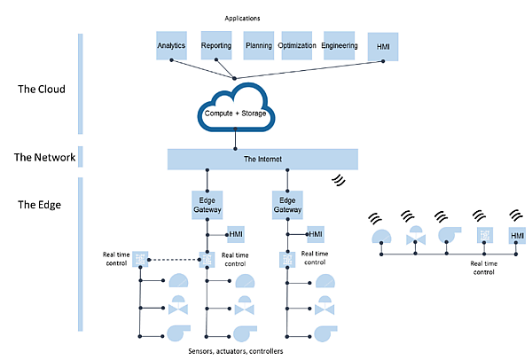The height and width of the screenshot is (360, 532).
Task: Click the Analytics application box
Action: tap(171, 45)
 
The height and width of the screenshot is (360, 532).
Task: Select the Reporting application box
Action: tap(215, 45)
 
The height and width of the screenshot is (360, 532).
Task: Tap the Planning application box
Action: tap(259, 45)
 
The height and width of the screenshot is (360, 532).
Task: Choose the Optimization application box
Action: tap(297, 45)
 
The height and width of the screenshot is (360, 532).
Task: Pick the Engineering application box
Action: tap(340, 45)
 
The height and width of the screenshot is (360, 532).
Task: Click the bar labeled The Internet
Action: tap(262, 159)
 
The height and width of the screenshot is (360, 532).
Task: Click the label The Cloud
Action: tap(42, 90)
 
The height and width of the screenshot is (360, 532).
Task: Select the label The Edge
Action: tap(41, 206)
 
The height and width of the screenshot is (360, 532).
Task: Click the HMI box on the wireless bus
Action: tap(517, 235)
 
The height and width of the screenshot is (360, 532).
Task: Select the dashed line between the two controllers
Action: tap(173, 259)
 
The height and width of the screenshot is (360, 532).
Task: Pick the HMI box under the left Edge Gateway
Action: tap(236, 235)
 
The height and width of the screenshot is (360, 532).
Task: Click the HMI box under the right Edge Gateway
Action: tap(317, 235)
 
